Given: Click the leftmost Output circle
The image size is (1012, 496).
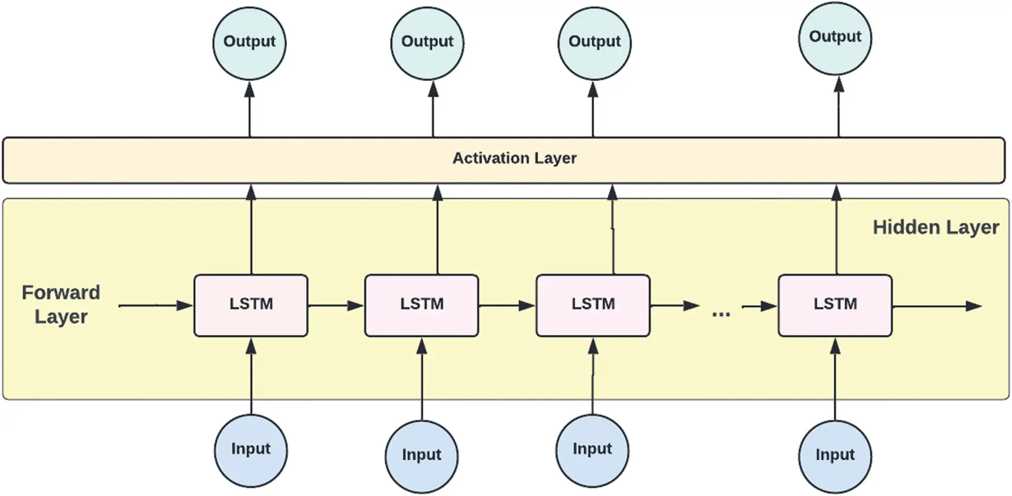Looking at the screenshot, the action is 249,43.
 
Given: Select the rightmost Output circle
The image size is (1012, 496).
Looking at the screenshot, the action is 835,38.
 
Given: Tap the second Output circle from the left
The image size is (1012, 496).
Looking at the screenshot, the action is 427,43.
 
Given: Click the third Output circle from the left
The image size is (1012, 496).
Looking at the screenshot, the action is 594,43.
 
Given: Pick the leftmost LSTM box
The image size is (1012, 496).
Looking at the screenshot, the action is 251,305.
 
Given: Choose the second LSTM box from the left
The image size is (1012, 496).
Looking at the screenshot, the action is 422,305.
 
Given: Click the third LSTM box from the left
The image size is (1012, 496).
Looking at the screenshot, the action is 593,305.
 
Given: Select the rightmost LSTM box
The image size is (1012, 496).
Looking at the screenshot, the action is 835,305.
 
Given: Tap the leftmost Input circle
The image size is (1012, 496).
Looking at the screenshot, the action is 251,450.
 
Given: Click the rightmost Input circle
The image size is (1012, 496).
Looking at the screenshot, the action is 835,456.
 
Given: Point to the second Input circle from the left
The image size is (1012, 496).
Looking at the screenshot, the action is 422,456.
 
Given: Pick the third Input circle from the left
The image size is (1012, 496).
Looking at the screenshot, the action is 592,450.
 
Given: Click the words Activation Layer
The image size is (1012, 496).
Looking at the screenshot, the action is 514,158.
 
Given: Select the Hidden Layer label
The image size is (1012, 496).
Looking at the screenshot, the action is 936,228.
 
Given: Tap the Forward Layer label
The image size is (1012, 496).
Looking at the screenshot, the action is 61,305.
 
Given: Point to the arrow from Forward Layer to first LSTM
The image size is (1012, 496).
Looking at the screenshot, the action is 156,305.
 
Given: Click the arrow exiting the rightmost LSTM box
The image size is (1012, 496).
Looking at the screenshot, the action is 937,306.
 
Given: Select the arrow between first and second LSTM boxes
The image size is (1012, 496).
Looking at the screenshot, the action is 336,305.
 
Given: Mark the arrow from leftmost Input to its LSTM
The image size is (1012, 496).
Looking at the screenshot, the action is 251,376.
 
